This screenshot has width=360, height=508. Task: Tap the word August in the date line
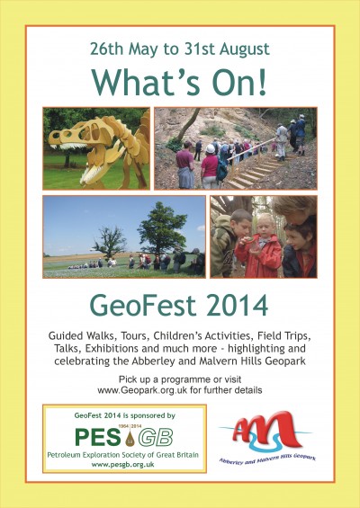point(244,49)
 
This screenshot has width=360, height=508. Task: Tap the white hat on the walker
point(211,148)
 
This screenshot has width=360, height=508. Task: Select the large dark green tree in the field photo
point(162,227)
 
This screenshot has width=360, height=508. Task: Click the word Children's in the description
point(193,335)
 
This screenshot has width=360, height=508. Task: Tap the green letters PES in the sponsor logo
point(97,437)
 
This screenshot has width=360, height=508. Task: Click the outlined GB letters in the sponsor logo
point(156,438)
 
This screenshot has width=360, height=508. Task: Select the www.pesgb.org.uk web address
point(123,465)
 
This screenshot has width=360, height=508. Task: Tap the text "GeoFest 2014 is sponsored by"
point(125,415)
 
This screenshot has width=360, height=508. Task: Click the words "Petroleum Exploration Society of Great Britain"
point(123,455)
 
